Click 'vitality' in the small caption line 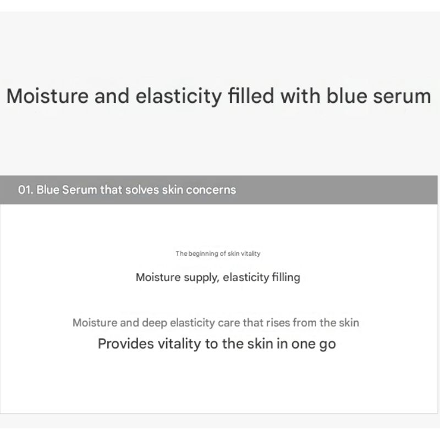click(250, 254)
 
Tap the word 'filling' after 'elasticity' click(286, 277)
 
